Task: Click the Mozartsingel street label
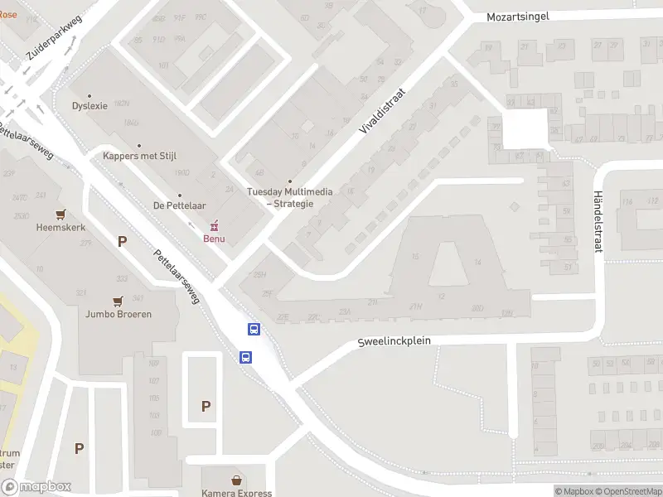pyautogui.click(x=518, y=17)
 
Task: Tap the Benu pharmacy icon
pyautogui.click(x=215, y=225)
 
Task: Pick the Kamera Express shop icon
pyautogui.click(x=237, y=480)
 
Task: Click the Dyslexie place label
pyautogui.click(x=90, y=105)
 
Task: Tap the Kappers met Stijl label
pyautogui.click(x=139, y=155)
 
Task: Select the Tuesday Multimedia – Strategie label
pyautogui.click(x=290, y=197)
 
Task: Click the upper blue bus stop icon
pyautogui.click(x=254, y=330)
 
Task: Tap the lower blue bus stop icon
pyautogui.click(x=246, y=357)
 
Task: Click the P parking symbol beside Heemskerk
pyautogui.click(x=123, y=242)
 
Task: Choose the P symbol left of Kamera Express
pyautogui.click(x=206, y=406)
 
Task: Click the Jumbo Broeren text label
pyautogui.click(x=118, y=315)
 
